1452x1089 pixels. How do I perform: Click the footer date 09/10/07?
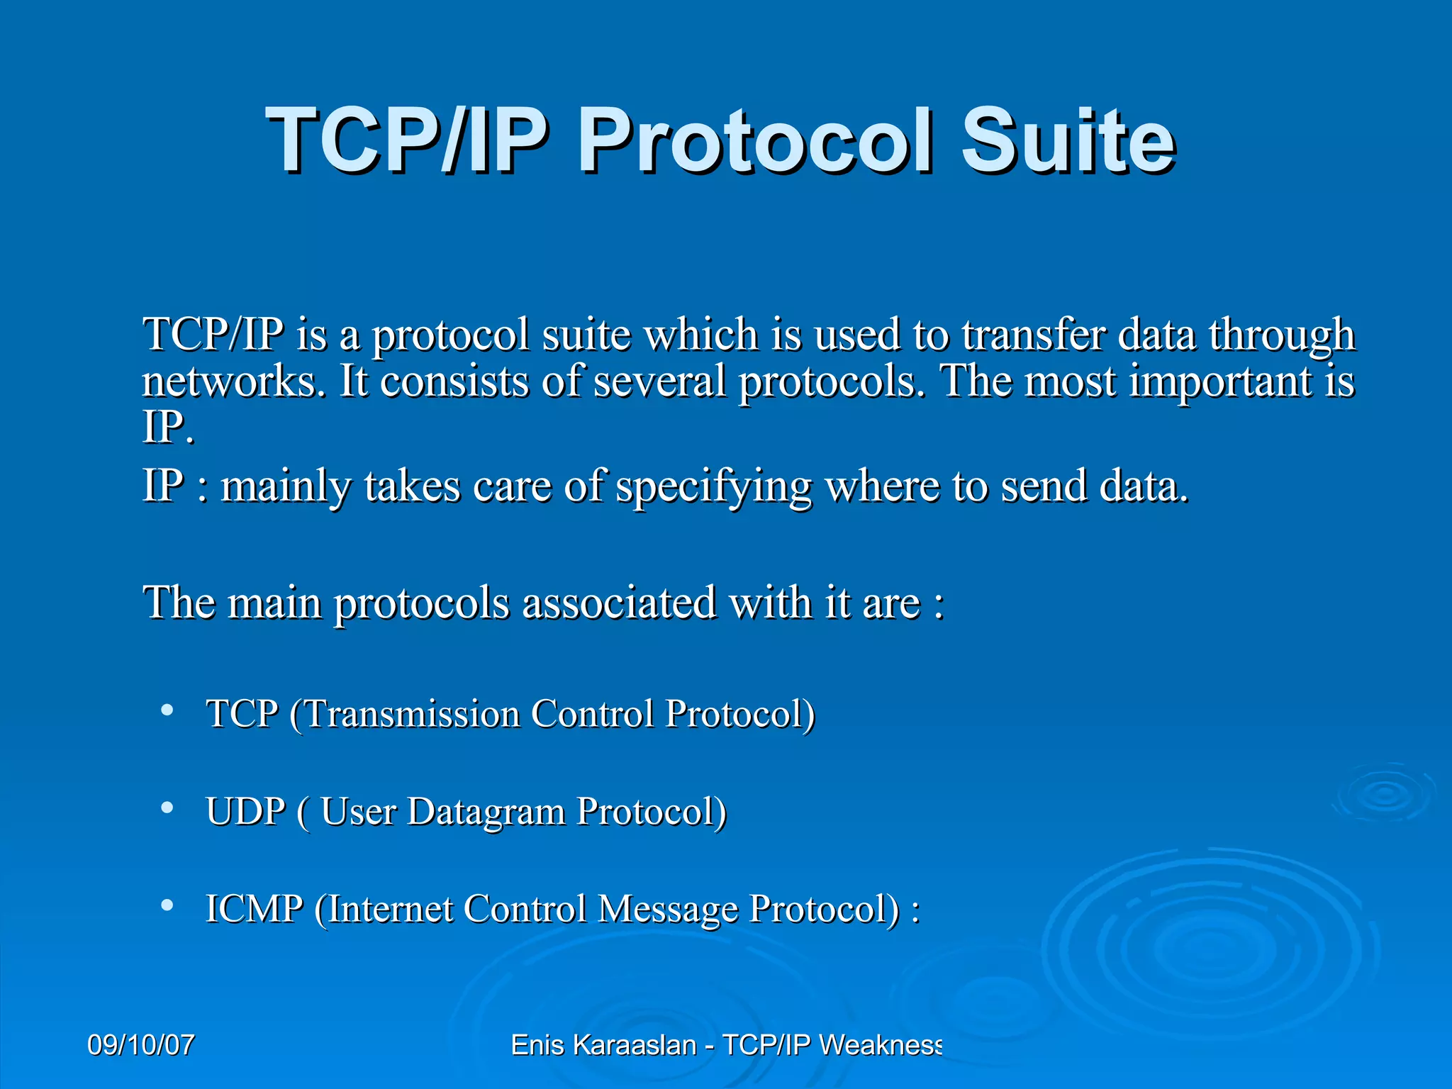coord(140,1045)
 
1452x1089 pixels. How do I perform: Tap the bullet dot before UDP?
coord(167,808)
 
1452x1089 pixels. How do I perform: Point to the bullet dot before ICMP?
coord(167,905)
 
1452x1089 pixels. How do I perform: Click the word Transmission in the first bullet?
coord(412,713)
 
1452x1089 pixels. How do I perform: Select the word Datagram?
coord(486,811)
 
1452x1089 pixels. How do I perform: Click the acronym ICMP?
coord(254,909)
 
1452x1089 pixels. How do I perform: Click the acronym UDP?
coord(245,811)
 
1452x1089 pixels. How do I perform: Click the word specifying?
coord(713,488)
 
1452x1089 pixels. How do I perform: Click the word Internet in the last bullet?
coord(391,909)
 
